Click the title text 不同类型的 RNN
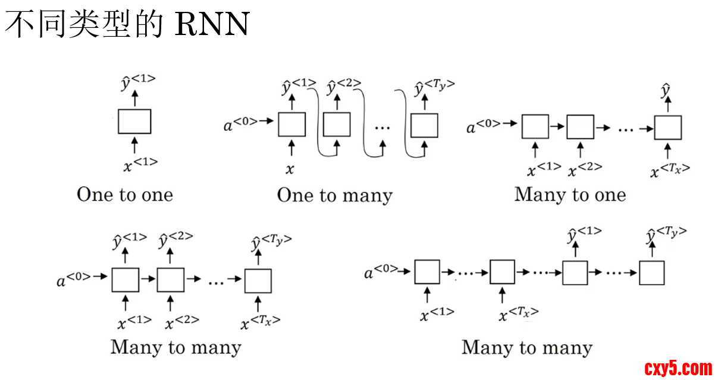pos(127,25)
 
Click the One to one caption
pos(125,195)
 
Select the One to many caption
pos(335,195)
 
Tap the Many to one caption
pos(570,195)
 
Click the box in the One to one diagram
pos(134,121)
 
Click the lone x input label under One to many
pos(290,169)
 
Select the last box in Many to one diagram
pos(667,127)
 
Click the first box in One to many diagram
pos(292,124)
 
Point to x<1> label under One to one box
pos(140,164)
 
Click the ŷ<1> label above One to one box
pos(138,83)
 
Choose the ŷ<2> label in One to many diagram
pos(344,87)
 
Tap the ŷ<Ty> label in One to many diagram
pos(435,87)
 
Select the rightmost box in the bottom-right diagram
pos(651,273)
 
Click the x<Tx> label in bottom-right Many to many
pos(519,314)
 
